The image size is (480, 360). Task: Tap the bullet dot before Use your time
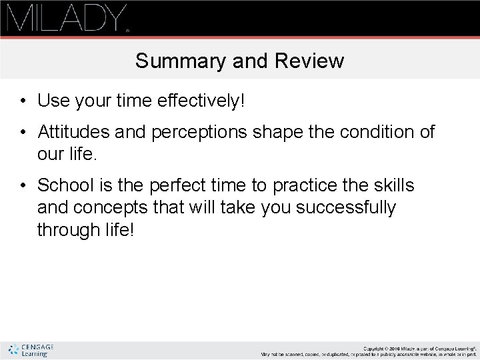tap(23, 102)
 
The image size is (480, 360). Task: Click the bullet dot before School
tap(23, 184)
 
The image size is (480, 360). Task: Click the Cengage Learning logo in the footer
tap(31, 350)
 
